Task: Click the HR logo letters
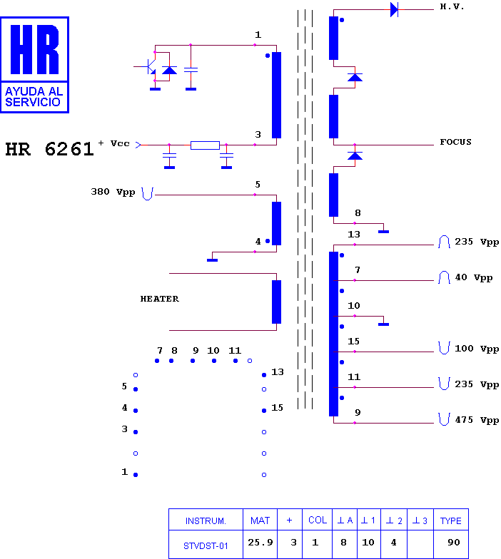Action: (x=34, y=49)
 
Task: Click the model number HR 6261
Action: (x=49, y=149)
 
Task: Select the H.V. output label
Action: (x=452, y=7)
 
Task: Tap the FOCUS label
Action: (x=455, y=142)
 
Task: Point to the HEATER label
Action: (x=160, y=299)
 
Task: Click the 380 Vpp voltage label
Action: (x=113, y=193)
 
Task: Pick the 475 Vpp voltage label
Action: (x=477, y=421)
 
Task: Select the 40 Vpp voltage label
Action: (x=474, y=278)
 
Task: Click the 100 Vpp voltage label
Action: (x=477, y=349)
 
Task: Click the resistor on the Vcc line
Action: (x=205, y=145)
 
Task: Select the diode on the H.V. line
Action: (x=394, y=10)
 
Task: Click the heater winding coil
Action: (x=277, y=302)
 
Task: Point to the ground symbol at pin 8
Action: (x=384, y=231)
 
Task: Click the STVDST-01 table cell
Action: (x=206, y=546)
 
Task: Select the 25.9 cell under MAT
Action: (x=260, y=543)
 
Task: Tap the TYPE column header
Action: (x=451, y=520)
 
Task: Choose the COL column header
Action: (x=317, y=520)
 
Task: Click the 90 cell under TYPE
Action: (x=454, y=543)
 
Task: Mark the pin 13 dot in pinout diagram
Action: (x=264, y=375)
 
